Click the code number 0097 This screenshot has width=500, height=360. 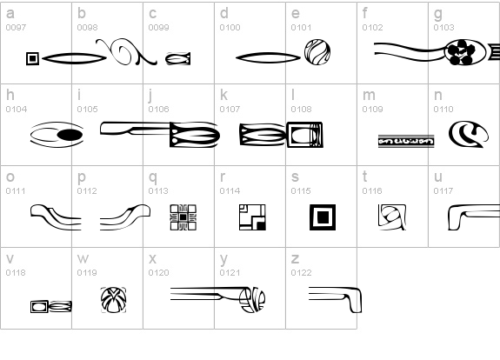coord(16,28)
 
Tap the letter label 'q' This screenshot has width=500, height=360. coord(153,177)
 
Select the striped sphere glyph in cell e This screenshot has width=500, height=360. coord(317,52)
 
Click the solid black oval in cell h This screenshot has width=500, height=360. coord(70,135)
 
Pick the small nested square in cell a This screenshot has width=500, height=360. coord(32,58)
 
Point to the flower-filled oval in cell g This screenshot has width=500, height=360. coord(465,52)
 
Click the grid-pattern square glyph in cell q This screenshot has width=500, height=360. coord(183,217)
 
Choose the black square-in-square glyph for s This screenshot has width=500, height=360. coord(323,217)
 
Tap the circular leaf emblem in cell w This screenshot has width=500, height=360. coord(114,300)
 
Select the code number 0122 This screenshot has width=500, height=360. coord(301,273)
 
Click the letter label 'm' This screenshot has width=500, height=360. coord(369,96)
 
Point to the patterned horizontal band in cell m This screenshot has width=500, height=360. coord(406,141)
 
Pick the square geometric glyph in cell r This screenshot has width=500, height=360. coord(252,217)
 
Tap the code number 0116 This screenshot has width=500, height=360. coord(372,191)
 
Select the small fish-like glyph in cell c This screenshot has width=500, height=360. coord(178,59)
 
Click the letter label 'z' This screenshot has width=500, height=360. coord(295,259)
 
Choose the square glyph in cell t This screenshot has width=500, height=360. coord(392,217)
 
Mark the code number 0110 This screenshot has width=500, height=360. coord(443,110)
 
